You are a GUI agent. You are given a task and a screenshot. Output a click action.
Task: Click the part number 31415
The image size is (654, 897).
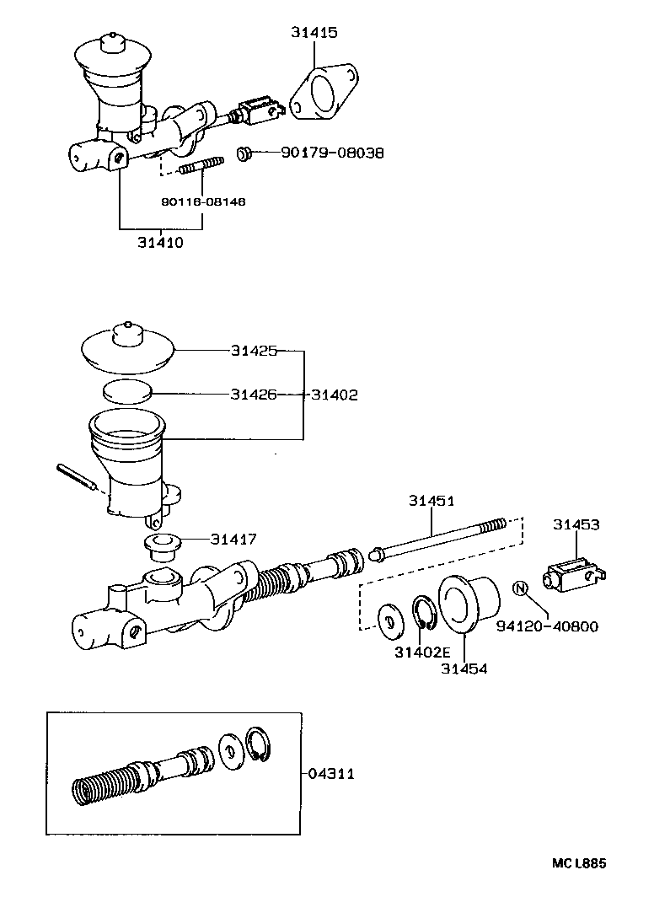(x=314, y=33)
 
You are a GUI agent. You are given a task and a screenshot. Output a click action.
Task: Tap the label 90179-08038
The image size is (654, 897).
(x=332, y=153)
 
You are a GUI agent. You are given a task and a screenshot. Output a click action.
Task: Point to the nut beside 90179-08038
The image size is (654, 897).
(x=244, y=153)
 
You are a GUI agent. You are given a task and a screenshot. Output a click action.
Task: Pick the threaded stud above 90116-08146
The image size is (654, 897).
(x=201, y=166)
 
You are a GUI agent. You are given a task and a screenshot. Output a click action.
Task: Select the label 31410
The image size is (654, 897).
(x=160, y=242)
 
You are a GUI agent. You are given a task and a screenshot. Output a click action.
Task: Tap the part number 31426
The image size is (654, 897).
(x=253, y=394)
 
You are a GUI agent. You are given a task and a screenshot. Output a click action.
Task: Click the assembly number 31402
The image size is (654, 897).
(x=335, y=394)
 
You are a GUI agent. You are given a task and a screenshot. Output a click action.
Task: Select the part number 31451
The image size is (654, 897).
(x=432, y=501)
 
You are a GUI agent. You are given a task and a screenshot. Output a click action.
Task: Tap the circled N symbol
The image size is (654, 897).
(x=520, y=588)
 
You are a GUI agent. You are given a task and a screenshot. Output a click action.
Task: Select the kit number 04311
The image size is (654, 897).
(x=331, y=773)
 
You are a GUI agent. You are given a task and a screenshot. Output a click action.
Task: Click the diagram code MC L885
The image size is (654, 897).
(x=579, y=862)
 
